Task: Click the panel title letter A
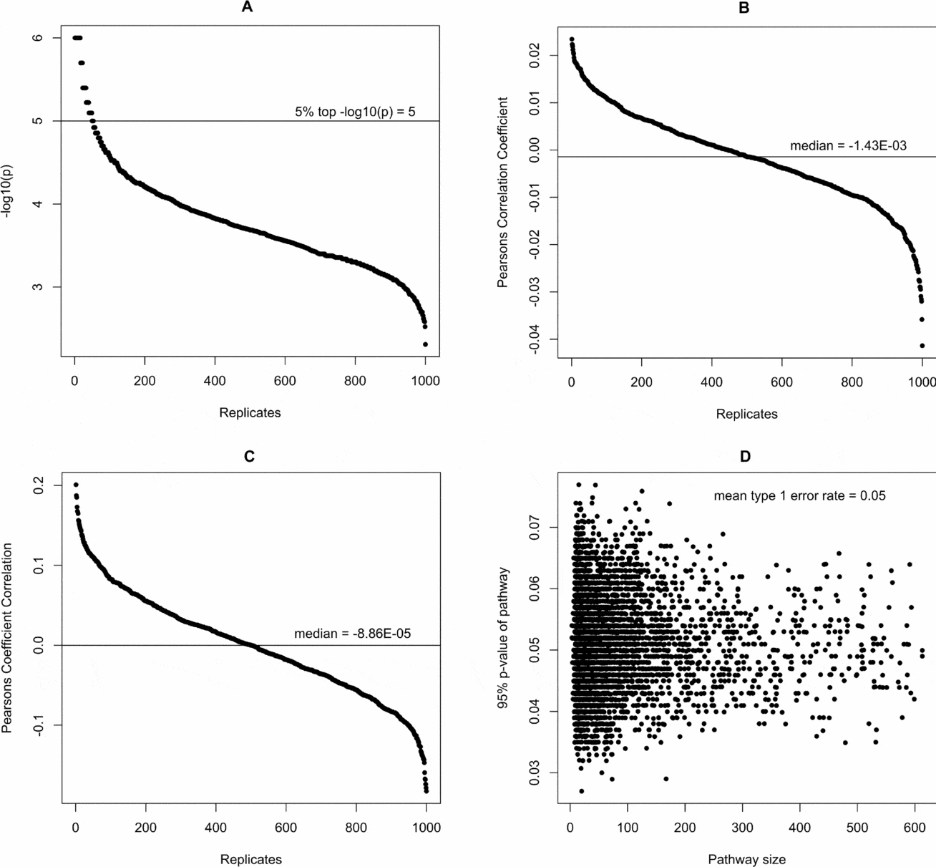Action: [248, 8]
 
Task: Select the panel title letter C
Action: [249, 457]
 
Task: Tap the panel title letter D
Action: [745, 457]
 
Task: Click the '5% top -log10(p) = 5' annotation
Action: [355, 112]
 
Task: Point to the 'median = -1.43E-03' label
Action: [848, 146]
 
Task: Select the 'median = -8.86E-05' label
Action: [352, 634]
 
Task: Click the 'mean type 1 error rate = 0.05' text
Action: [799, 495]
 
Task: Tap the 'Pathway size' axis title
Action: [746, 859]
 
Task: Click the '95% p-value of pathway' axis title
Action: [504, 638]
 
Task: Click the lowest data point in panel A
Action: [425, 344]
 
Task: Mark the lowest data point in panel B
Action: [922, 346]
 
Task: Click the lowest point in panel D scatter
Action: [581, 791]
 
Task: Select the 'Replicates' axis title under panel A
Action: [250, 412]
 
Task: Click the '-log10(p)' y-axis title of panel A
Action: [8, 191]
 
